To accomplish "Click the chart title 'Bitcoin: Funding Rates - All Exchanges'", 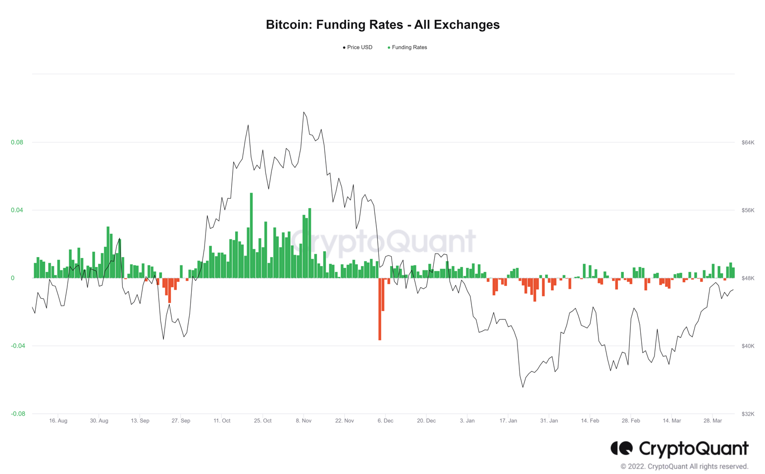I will pyautogui.click(x=382, y=25).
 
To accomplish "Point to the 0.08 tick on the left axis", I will pyautogui.click(x=17, y=143).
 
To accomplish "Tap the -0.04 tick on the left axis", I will pyautogui.click(x=18, y=346).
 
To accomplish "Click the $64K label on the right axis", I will pyautogui.click(x=748, y=143).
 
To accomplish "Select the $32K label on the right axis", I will pyautogui.click(x=748, y=414).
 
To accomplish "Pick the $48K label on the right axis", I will pyautogui.click(x=748, y=278).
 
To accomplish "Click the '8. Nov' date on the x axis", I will pyautogui.click(x=304, y=421).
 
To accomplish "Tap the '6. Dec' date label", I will pyautogui.click(x=385, y=421).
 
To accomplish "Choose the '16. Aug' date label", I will pyautogui.click(x=58, y=421).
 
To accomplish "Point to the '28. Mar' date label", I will pyautogui.click(x=713, y=421).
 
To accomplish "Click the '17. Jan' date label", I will pyautogui.click(x=508, y=421).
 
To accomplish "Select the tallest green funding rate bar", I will pyautogui.click(x=252, y=236).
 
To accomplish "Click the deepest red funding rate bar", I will pyautogui.click(x=380, y=309).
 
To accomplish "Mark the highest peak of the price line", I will pyautogui.click(x=304, y=112).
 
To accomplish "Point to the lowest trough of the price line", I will pyautogui.click(x=523, y=387).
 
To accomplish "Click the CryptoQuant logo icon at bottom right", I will pyautogui.click(x=621, y=448).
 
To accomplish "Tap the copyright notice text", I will pyautogui.click(x=684, y=467).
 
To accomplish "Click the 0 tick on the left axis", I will pyautogui.click(x=13, y=278).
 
